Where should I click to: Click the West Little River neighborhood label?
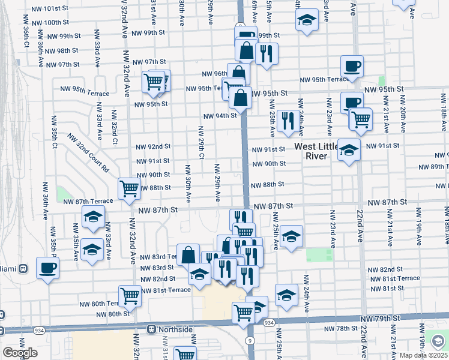pyautogui.click(x=311, y=151)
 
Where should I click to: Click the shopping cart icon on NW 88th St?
pyautogui.click(x=130, y=189)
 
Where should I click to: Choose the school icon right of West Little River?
pyautogui.click(x=349, y=151)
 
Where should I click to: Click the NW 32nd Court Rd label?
pyautogui.click(x=88, y=152)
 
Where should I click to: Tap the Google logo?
pyautogui.click(x=20, y=353)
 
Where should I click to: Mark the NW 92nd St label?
pyautogui.click(x=153, y=146)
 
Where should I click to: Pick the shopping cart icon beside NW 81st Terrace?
pyautogui.click(x=130, y=296)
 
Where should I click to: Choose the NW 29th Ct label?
pyautogui.click(x=202, y=143)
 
